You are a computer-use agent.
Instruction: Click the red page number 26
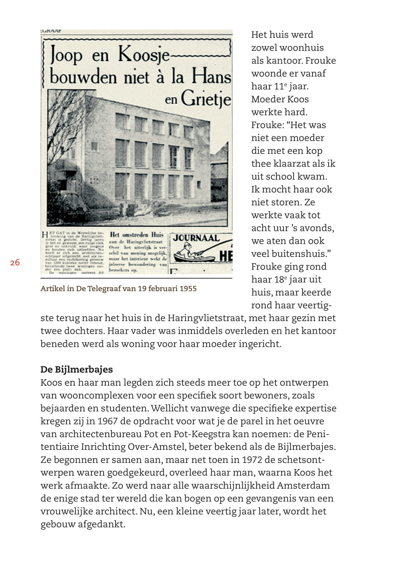15,263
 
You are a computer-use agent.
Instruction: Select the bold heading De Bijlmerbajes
77,370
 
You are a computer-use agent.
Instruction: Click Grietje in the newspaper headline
206,99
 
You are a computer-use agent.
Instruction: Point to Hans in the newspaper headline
211,76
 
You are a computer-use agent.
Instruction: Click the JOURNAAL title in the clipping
196,238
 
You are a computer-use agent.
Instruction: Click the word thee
261,163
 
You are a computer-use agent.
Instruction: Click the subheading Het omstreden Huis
137,235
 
